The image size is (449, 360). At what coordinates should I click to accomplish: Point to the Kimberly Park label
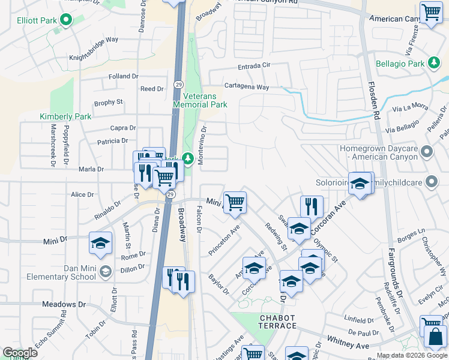tap(65, 116)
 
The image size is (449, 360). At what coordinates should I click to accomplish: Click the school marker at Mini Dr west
tap(100, 242)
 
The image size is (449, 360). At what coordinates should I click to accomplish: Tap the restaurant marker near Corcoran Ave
tap(311, 206)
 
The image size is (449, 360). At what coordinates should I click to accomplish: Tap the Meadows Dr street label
tap(59, 305)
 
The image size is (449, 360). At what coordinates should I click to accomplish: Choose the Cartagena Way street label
tap(247, 87)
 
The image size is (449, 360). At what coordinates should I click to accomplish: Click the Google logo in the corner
tap(20, 353)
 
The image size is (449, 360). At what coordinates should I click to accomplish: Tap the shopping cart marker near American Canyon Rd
tap(430, 11)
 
